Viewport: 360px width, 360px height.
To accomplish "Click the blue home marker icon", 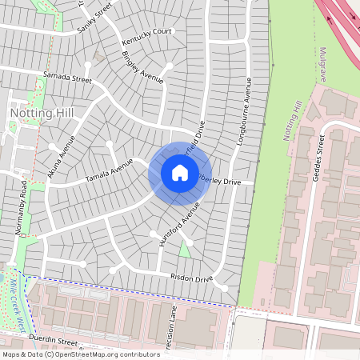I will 180,173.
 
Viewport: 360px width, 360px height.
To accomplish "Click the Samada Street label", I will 67,77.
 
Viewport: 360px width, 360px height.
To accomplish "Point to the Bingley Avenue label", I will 142,67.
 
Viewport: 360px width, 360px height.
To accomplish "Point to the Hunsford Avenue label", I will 178,225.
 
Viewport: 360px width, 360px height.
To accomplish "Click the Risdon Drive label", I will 191,278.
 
